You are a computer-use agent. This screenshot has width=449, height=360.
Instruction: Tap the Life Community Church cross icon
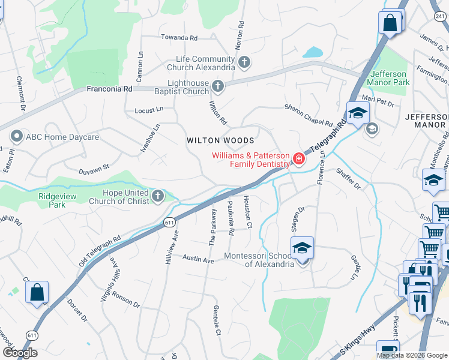(244, 62)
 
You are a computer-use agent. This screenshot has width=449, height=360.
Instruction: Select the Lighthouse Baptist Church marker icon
(218, 87)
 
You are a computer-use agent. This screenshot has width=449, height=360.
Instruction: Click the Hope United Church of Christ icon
(157, 196)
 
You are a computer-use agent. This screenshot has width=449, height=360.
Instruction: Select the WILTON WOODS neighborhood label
(220, 140)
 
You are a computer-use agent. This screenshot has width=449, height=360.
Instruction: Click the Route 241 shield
(440, 17)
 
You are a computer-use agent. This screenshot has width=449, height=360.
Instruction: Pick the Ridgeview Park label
(58, 196)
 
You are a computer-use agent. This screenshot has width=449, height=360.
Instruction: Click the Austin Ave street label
(198, 260)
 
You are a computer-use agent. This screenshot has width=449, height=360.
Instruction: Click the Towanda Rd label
(178, 38)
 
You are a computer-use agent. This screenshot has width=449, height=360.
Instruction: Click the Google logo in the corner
(19, 353)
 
